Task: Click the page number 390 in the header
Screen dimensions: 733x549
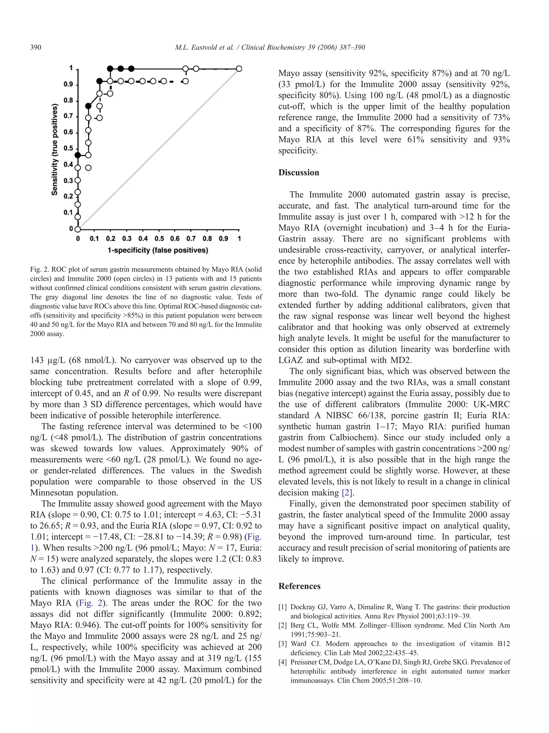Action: (x=36, y=47)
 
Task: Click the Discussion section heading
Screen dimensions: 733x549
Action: (x=298, y=173)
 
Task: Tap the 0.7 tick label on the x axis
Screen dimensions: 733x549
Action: (x=191, y=239)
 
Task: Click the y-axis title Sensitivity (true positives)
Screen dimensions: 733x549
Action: (x=55, y=149)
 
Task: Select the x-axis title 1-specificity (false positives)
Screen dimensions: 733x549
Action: (x=158, y=250)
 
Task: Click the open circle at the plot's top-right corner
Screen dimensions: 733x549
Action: (x=239, y=69)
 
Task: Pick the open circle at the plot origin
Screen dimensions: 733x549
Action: (x=77, y=229)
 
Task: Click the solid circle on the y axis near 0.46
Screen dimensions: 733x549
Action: (x=77, y=155)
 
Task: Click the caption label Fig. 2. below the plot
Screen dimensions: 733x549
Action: (x=39, y=269)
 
